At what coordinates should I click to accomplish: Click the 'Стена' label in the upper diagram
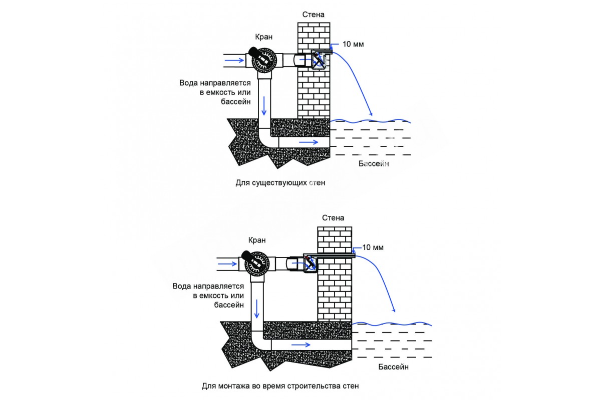coord(314,14)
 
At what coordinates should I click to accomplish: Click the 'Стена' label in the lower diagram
coord(333,218)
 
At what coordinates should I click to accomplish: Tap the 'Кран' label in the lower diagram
coord(256,240)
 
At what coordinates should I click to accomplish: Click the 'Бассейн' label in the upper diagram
coord(374,163)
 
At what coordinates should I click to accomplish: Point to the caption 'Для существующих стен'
coord(280,183)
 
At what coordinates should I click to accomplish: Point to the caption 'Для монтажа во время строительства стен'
coord(280,386)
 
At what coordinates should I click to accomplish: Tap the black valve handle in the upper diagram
coord(253,51)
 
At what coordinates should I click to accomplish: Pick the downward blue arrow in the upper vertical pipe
coord(264,105)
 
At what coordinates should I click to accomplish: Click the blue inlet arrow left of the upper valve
coord(233,60)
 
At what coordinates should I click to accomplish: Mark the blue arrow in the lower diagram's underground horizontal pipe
coord(300,344)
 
